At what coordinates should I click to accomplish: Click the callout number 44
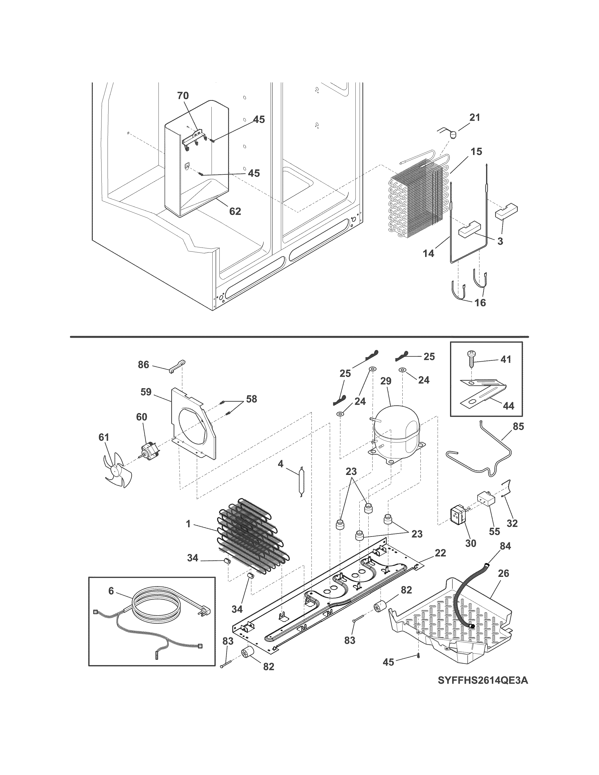[508, 405]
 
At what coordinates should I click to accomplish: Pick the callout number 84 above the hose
[505, 546]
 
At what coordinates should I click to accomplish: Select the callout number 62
[235, 211]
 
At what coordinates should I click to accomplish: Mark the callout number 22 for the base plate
[440, 553]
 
